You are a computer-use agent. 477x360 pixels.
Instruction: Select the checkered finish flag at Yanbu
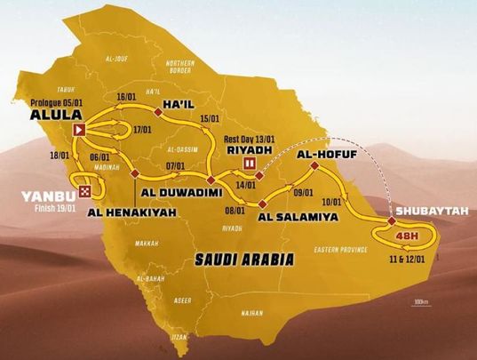pos(84,191)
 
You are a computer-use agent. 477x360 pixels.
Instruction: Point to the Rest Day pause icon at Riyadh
pos(250,164)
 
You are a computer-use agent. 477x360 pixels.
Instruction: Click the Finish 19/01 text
pos(39,212)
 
